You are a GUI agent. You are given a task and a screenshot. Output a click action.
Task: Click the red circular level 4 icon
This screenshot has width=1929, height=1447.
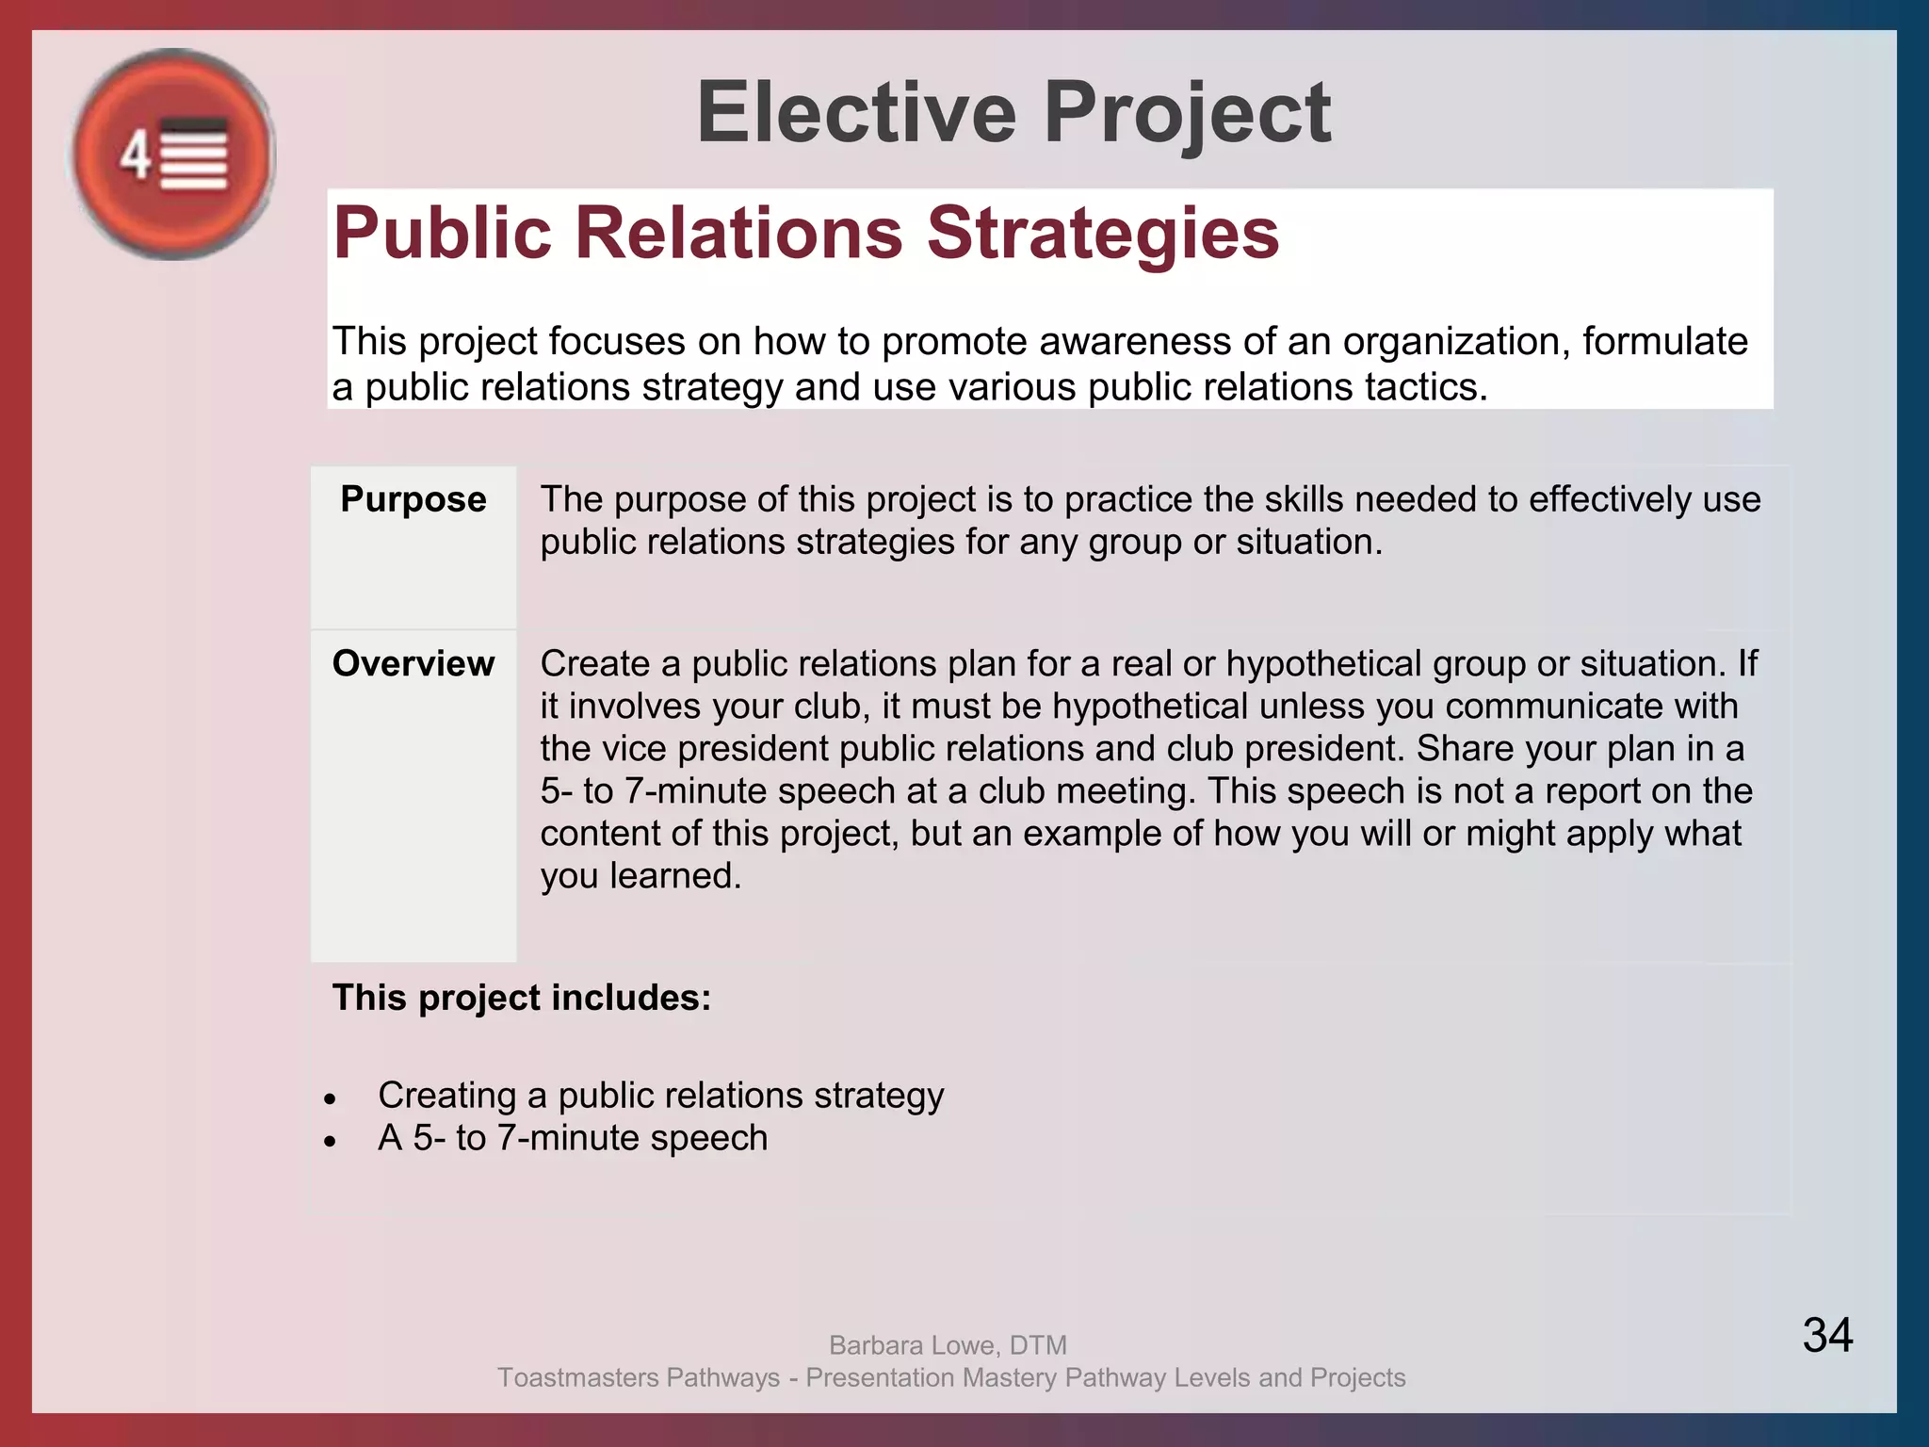(x=173, y=154)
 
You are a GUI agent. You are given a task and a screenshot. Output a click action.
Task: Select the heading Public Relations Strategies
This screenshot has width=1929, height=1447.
(x=806, y=233)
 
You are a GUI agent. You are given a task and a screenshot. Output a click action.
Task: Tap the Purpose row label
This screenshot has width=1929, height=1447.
(x=413, y=499)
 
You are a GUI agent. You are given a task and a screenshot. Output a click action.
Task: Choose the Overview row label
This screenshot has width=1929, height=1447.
(x=413, y=664)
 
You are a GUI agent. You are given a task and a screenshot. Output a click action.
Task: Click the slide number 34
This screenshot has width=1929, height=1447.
(x=1827, y=1335)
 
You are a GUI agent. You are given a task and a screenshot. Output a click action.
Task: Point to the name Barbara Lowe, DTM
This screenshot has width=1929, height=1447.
(x=948, y=1345)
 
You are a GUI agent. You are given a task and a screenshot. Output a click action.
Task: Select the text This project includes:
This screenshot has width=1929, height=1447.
(x=522, y=998)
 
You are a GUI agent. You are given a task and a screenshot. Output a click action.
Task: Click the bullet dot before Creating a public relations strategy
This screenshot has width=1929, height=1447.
(x=330, y=1099)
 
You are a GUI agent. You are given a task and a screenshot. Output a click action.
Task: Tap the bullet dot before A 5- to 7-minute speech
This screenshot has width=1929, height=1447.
(x=330, y=1142)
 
